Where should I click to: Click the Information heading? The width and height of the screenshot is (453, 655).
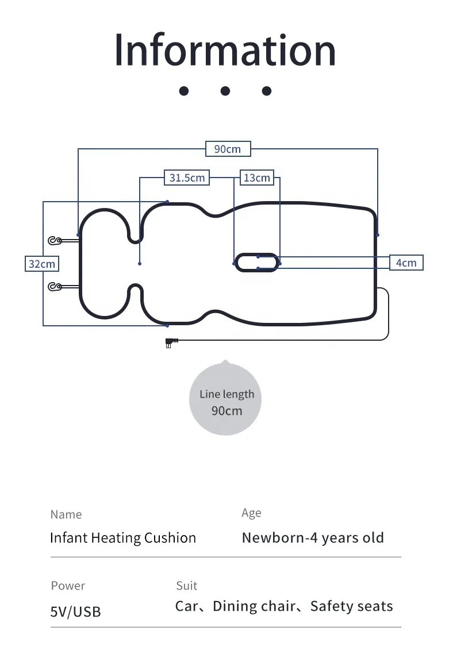click(225, 50)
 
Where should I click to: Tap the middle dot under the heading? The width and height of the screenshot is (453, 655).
click(225, 91)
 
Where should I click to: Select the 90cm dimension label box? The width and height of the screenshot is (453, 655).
click(228, 149)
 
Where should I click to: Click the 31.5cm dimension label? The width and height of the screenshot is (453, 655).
click(187, 178)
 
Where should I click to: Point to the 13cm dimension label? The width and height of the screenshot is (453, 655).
click(256, 178)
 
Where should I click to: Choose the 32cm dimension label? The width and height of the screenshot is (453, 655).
click(42, 264)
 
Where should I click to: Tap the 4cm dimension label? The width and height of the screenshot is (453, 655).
click(406, 263)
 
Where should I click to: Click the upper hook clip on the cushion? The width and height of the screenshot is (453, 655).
click(56, 241)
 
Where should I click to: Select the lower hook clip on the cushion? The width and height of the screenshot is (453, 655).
click(56, 286)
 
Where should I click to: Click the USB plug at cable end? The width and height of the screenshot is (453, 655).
click(170, 342)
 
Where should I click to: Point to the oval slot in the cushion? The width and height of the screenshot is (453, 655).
click(256, 263)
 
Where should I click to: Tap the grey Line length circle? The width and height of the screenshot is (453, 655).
click(225, 400)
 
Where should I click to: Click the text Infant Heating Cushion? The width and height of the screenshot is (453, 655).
click(123, 538)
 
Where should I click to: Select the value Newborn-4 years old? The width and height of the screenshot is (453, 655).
click(313, 538)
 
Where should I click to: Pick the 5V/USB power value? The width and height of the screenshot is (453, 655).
click(75, 612)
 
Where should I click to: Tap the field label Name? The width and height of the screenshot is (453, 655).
click(66, 514)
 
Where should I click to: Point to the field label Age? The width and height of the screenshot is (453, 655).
click(251, 513)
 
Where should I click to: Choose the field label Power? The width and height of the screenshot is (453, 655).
click(68, 585)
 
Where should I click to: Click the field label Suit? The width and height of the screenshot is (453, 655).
click(186, 585)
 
